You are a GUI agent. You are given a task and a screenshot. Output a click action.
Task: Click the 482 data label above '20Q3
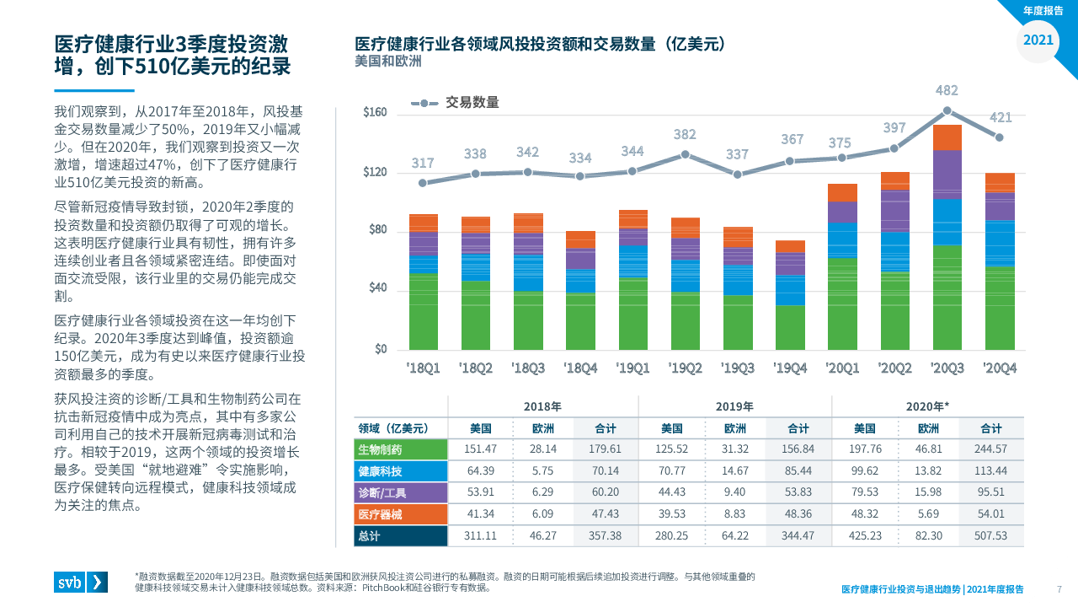(x=947, y=90)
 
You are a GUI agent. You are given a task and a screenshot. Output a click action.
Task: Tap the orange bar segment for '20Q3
(x=947, y=137)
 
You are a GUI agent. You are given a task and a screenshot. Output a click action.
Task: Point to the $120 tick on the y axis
(x=375, y=173)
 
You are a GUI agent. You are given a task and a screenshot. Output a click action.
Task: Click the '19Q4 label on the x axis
(x=790, y=368)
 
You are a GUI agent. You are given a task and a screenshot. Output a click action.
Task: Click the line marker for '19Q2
(x=685, y=154)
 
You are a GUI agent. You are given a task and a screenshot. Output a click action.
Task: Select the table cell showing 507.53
(x=991, y=536)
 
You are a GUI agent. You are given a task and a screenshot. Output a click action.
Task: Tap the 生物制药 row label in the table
(x=400, y=449)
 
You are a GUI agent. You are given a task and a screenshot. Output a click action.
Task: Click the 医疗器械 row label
(x=400, y=514)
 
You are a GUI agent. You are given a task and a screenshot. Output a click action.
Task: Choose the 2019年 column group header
(x=734, y=406)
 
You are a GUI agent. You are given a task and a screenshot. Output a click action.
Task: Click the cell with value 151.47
(x=480, y=449)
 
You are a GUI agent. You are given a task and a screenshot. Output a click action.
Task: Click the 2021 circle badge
(x=1038, y=40)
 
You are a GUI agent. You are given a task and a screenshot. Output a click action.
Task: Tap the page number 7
(x=1059, y=588)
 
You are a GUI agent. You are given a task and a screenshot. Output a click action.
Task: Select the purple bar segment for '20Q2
(x=894, y=211)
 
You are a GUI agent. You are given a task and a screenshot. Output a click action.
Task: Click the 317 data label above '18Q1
(x=423, y=163)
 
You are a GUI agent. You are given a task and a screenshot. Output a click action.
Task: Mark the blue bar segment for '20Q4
(x=1000, y=244)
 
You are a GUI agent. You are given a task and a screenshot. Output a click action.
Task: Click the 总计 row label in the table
(x=400, y=536)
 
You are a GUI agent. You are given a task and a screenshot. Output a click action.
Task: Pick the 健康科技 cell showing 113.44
(x=991, y=471)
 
